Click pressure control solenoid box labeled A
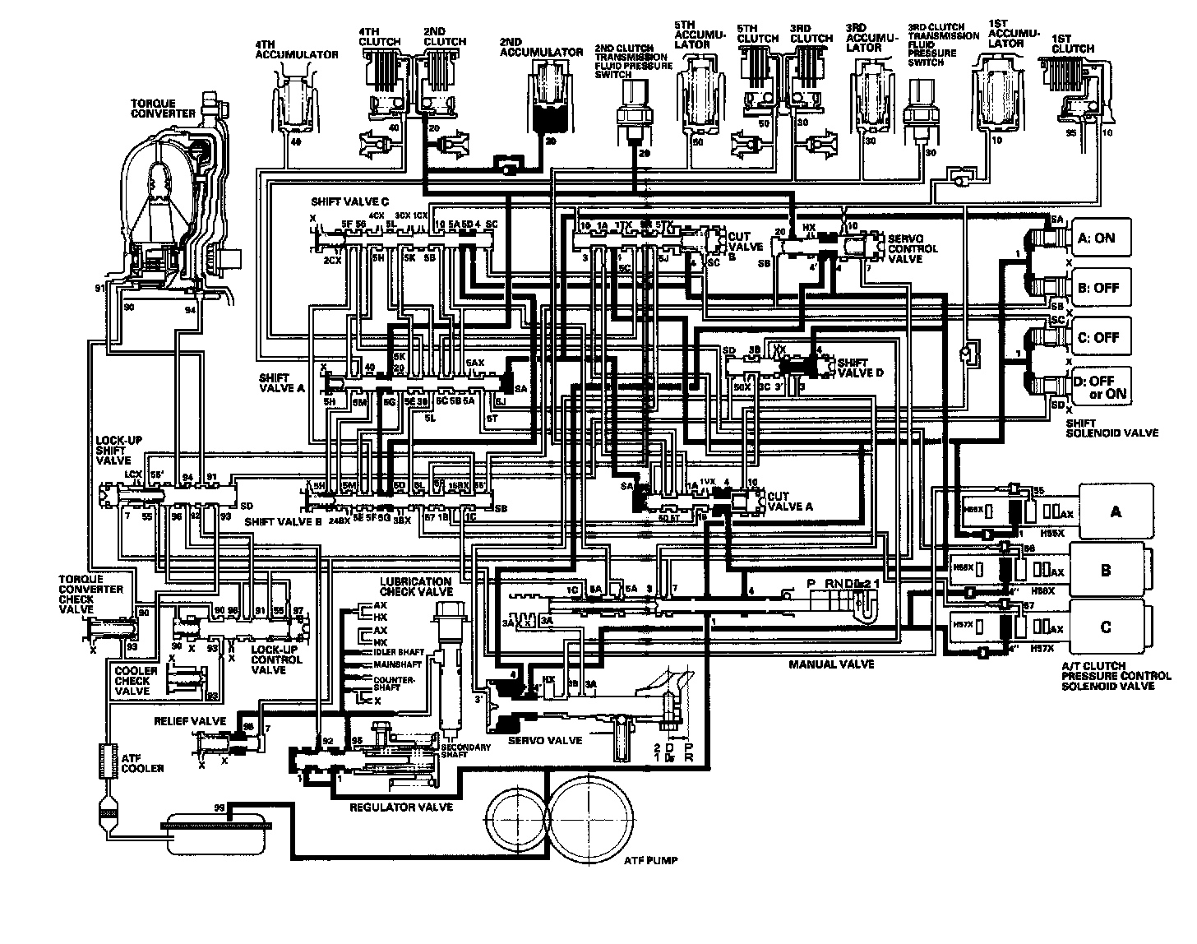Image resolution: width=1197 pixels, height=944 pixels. pyautogui.click(x=1115, y=511)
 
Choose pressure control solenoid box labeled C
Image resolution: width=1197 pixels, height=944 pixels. pyautogui.click(x=1105, y=627)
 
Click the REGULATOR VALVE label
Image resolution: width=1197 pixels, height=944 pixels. pyautogui.click(x=402, y=807)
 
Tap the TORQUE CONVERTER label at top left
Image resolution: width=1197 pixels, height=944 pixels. pyautogui.click(x=164, y=109)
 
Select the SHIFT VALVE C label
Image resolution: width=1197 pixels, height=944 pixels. pyautogui.click(x=349, y=201)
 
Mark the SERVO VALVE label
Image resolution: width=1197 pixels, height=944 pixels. pyautogui.click(x=545, y=740)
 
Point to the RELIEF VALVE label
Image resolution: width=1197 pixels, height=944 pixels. pyautogui.click(x=190, y=720)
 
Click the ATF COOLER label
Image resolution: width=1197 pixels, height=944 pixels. pyautogui.click(x=142, y=763)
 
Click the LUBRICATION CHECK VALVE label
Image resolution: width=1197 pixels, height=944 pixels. pyautogui.click(x=416, y=586)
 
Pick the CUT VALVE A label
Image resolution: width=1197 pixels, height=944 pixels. pyautogui.click(x=788, y=502)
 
